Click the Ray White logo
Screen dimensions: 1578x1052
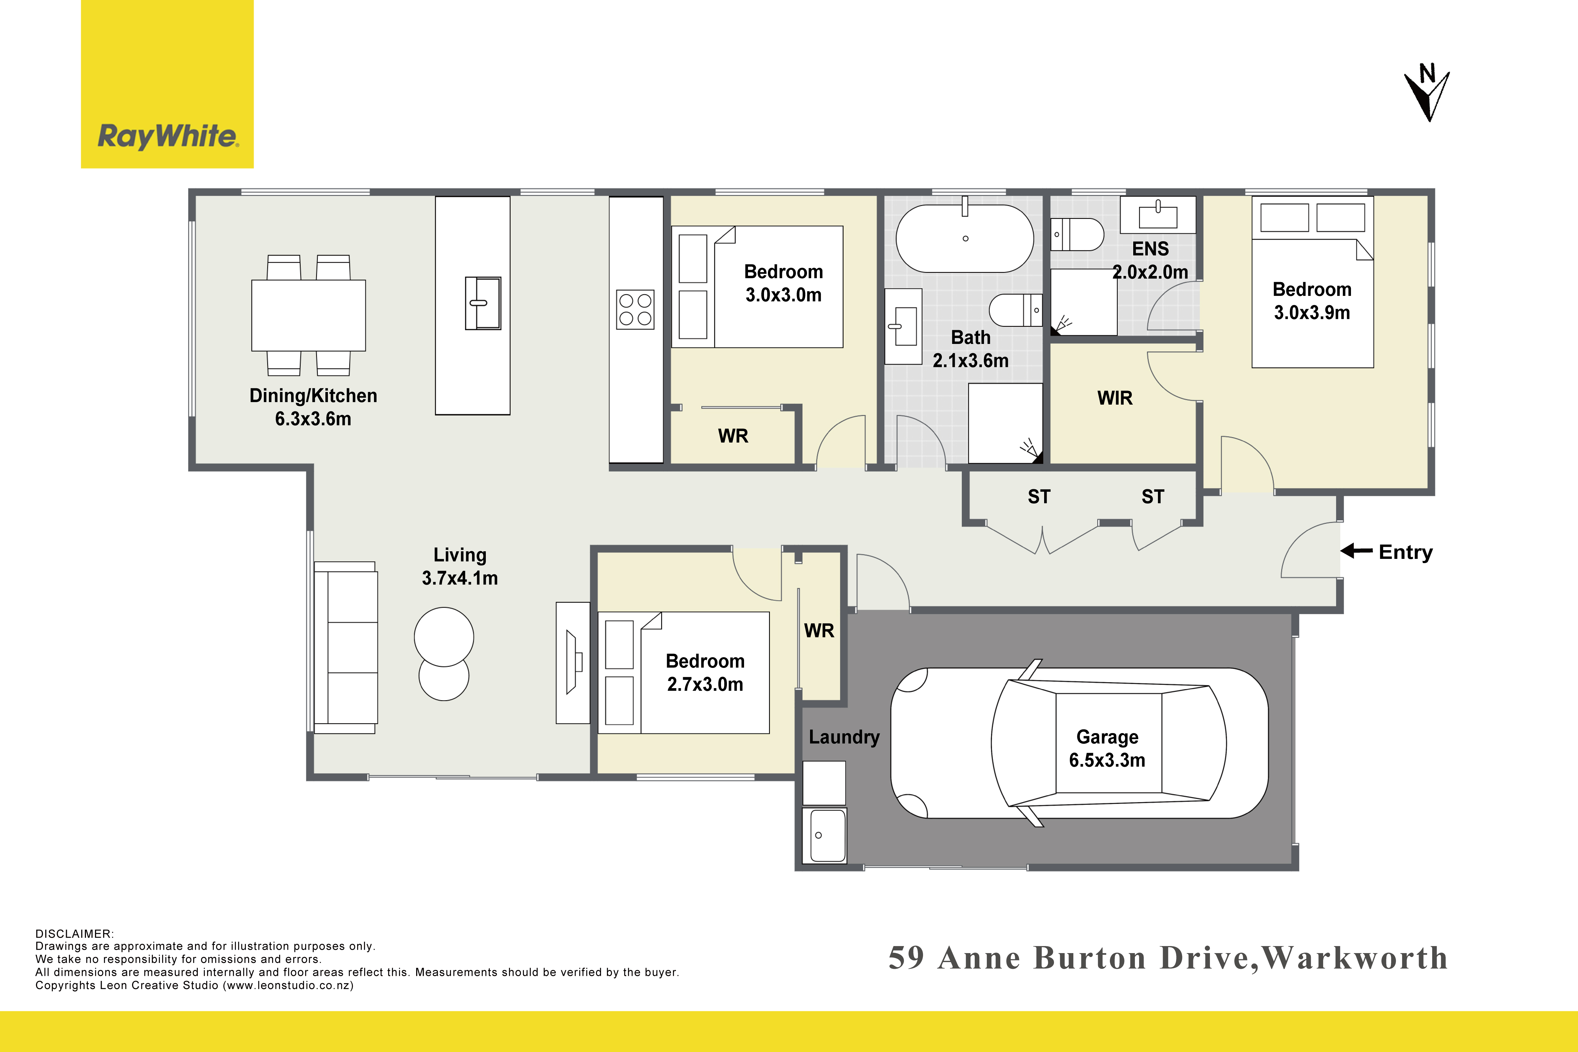tap(167, 84)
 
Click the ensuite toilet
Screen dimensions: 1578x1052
tap(1077, 234)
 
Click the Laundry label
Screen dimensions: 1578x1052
tap(844, 737)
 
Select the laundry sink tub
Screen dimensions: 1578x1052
tap(825, 835)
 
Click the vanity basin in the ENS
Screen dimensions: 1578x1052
tap(1158, 215)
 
